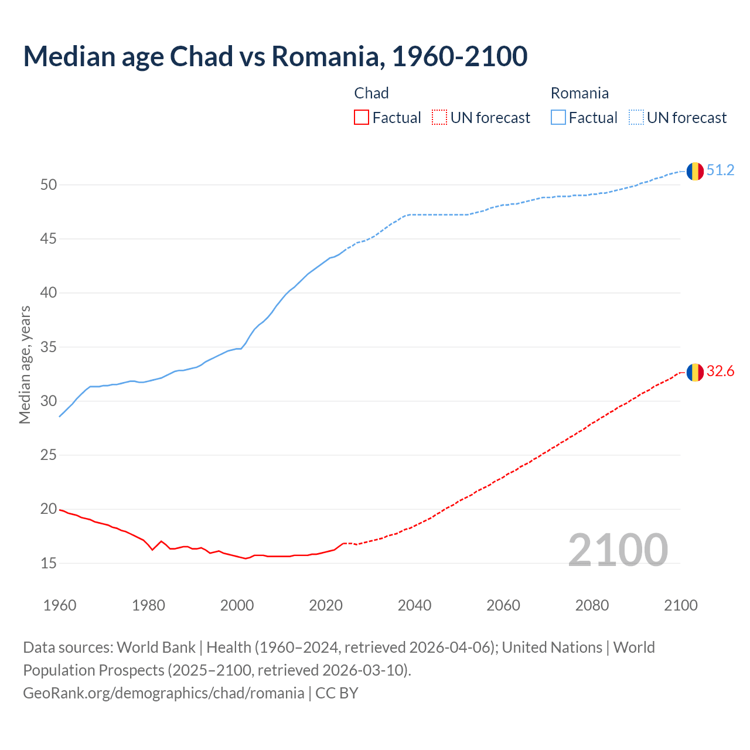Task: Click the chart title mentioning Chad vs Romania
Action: click(275, 56)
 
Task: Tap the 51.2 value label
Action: click(720, 171)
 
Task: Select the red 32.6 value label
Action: click(720, 371)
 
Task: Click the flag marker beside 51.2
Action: click(695, 171)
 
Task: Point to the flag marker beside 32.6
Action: click(695, 372)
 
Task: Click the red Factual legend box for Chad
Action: click(362, 117)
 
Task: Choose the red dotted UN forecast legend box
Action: click(439, 117)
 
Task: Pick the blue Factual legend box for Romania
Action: click(558, 117)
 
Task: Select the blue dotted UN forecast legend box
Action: click(636, 117)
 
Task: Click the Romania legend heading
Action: click(579, 93)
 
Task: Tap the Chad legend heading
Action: click(371, 93)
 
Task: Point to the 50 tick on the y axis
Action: click(49, 185)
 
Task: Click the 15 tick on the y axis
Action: click(49, 564)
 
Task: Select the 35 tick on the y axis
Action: click(49, 347)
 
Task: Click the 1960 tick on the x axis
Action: click(60, 605)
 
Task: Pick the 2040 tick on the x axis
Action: click(414, 605)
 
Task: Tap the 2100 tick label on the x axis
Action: click(681, 605)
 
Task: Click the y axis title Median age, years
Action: click(25, 364)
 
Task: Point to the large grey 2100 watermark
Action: click(618, 550)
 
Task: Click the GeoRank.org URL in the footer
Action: click(163, 693)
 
